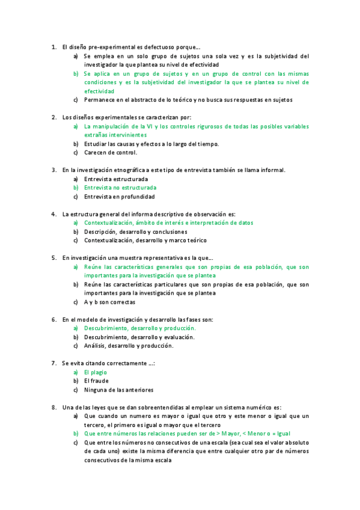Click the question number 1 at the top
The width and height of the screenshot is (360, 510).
(x=53, y=47)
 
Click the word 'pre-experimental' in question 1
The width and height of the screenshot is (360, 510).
(x=105, y=47)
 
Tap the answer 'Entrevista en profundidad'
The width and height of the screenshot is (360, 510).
(x=119, y=197)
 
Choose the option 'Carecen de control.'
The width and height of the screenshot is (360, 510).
(x=112, y=153)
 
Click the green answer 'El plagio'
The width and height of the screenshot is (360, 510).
(x=96, y=372)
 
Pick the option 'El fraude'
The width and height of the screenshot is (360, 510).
(x=96, y=381)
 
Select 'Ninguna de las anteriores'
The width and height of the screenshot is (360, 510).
(x=118, y=390)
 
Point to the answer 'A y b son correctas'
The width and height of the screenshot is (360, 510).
(x=109, y=302)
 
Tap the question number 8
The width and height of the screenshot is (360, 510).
(x=53, y=407)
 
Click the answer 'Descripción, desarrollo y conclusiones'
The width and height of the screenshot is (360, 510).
(x=135, y=232)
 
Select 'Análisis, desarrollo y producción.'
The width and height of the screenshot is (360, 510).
(x=129, y=346)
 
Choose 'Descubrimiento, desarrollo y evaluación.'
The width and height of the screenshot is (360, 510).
(x=139, y=337)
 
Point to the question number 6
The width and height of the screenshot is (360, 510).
(x=53, y=319)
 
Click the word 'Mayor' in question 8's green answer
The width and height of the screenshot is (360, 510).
(x=231, y=433)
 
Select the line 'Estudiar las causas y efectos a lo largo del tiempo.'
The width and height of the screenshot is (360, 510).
(x=151, y=144)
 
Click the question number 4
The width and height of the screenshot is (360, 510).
(x=53, y=214)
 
